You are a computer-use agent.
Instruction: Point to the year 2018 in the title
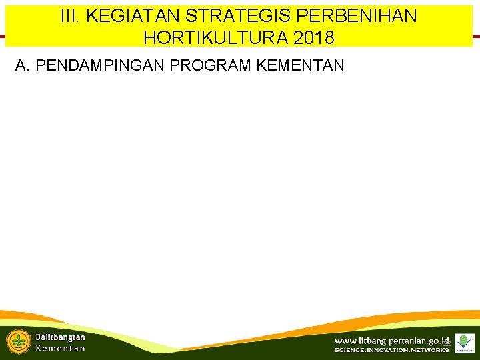(x=313, y=38)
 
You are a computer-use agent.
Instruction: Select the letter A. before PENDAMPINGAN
(x=23, y=65)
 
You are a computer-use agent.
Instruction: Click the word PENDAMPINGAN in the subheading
(x=99, y=65)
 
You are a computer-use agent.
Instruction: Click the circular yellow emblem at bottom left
(x=18, y=341)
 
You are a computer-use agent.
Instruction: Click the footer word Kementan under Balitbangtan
(x=60, y=349)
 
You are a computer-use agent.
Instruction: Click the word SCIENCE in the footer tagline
(x=354, y=351)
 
